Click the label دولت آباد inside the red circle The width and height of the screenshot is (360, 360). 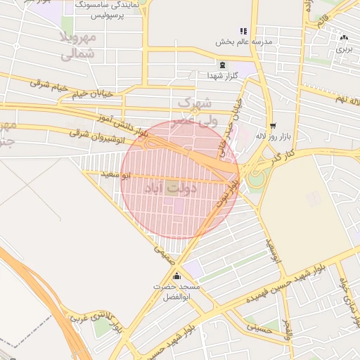tap(172, 188)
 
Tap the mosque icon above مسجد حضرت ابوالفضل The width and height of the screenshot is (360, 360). tap(176, 276)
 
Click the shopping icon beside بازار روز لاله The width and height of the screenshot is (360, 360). tap(272, 127)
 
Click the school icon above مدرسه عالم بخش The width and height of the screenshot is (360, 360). tap(243, 32)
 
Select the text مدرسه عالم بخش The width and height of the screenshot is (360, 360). tap(243, 42)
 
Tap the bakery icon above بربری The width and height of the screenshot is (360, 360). tap(343, 37)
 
